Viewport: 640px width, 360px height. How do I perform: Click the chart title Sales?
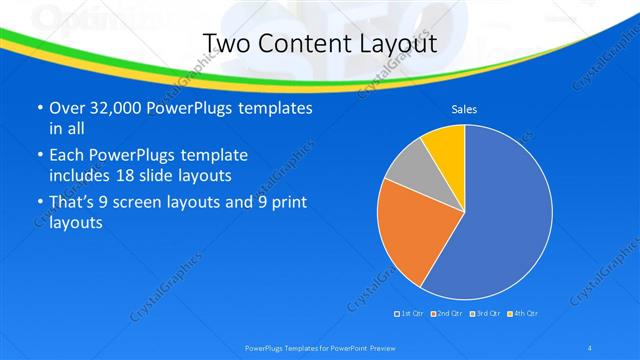(464, 109)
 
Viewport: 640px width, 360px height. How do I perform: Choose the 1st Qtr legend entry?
(410, 314)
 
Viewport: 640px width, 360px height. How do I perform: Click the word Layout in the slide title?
(394, 44)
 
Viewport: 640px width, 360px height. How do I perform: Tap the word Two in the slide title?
(227, 44)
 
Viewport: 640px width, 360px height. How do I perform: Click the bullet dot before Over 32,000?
(39, 108)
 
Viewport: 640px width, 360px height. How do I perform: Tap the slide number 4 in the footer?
(591, 347)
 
